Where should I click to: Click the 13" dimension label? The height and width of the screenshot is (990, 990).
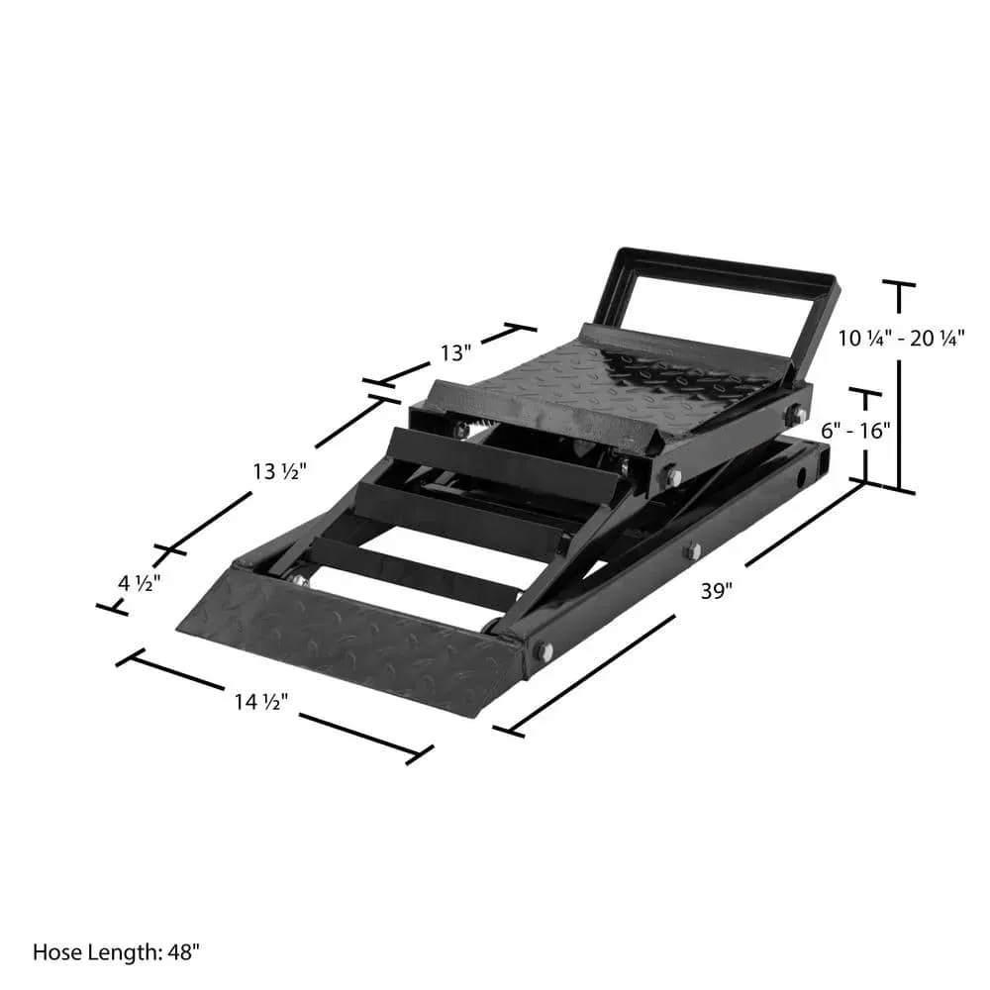point(456,351)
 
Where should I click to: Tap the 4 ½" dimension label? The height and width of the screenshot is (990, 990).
point(140,583)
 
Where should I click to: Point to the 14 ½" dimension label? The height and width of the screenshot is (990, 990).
point(261,702)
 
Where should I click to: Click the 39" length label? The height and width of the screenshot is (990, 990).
point(716,591)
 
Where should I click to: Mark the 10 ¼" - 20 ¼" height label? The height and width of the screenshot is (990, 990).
point(901,338)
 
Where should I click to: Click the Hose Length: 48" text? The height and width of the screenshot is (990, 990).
point(117,952)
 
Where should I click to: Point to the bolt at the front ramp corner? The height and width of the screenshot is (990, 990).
point(544,650)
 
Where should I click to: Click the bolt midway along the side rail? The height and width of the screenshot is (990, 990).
point(693,550)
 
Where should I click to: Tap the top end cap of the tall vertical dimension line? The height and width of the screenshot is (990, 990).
point(900,284)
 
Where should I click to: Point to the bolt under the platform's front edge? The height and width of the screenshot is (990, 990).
point(673,477)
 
